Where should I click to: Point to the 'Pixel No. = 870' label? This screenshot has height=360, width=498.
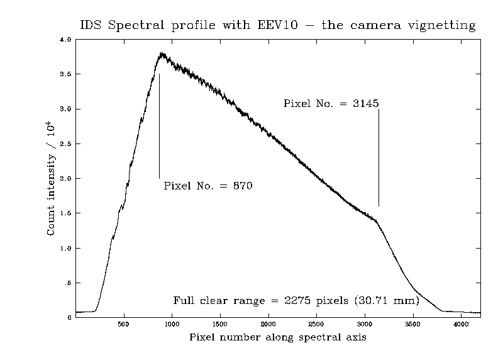pos(207,186)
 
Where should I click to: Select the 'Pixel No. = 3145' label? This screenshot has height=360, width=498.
pos(331,104)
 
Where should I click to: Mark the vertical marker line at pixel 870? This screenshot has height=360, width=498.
pos(159,126)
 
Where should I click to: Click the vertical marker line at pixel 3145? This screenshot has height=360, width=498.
pos(379,157)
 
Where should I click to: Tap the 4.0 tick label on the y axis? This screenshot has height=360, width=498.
pos(65,40)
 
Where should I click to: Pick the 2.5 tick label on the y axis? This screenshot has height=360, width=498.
pos(65,144)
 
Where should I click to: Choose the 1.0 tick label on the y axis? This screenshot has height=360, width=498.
pos(65,249)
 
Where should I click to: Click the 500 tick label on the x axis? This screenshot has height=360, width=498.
pos(124,324)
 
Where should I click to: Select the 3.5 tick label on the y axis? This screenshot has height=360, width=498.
pos(65,74)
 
